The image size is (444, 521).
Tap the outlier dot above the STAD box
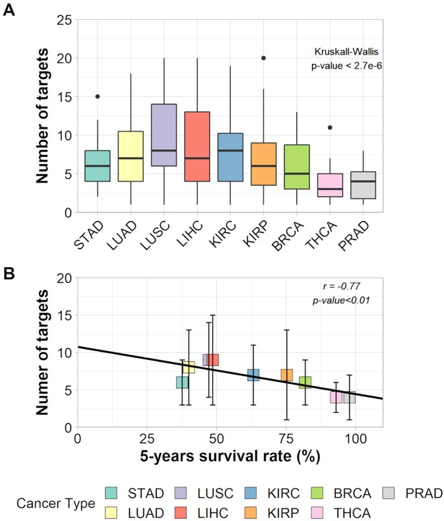pyautogui.click(x=98, y=96)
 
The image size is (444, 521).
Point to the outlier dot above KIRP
pyautogui.click(x=264, y=57)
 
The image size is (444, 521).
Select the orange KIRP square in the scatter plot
pyautogui.click(x=287, y=375)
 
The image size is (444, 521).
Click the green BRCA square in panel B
pyautogui.click(x=305, y=382)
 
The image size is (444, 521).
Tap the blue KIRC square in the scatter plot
pyautogui.click(x=253, y=375)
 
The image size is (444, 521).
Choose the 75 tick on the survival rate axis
pyautogui.click(x=286, y=439)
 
